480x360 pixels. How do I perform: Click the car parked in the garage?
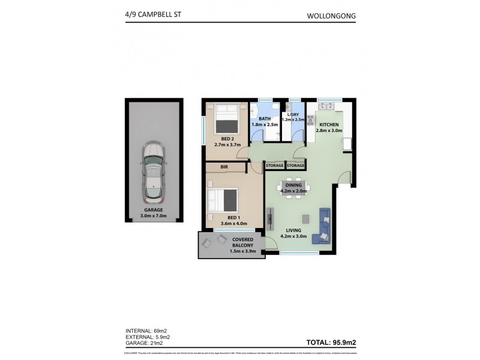pos(152,172)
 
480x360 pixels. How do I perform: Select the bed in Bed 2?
pos(227,119)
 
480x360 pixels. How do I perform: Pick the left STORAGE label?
pos(274,165)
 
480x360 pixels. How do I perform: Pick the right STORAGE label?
pos(295,165)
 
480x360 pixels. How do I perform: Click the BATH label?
pos(264,119)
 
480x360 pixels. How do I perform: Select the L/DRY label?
pos(293,114)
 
